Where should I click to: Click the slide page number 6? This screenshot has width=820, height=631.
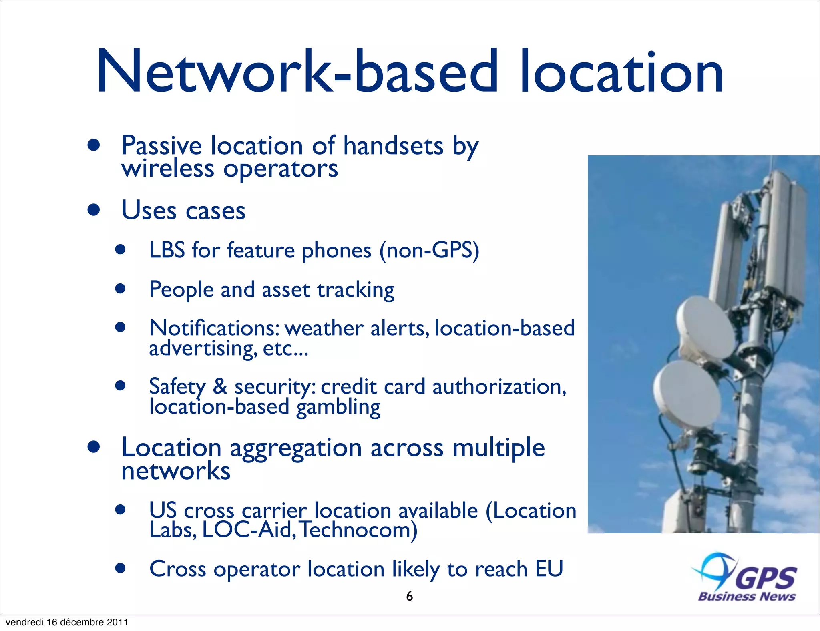[x=409, y=596]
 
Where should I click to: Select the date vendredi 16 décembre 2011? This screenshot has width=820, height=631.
[x=67, y=622]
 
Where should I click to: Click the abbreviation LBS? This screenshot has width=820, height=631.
[x=167, y=250]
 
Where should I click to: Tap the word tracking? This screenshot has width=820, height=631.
[x=356, y=290]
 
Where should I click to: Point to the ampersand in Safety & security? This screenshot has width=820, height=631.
[x=220, y=386]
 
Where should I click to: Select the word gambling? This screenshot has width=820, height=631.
[x=338, y=408]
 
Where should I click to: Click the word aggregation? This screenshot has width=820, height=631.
[x=296, y=448]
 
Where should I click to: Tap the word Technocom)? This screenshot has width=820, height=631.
[x=359, y=530]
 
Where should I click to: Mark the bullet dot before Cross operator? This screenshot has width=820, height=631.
[x=120, y=568]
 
